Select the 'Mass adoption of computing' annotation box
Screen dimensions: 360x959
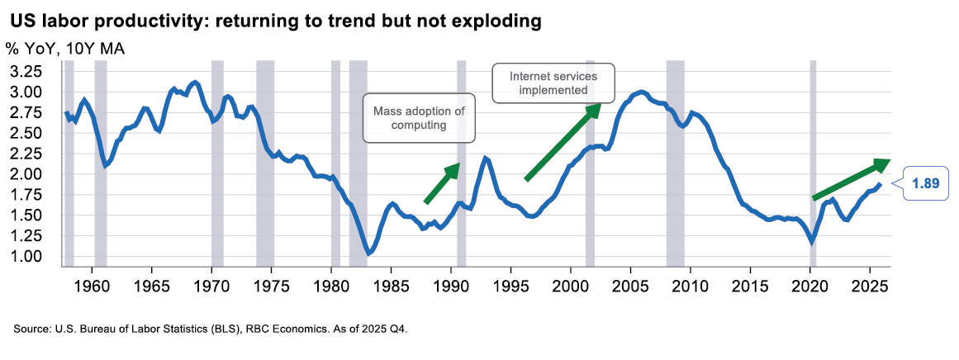(420, 118)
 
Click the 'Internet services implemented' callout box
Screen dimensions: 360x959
(553, 83)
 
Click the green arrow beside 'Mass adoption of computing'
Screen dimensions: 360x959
(442, 182)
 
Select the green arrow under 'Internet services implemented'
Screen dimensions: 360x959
(563, 141)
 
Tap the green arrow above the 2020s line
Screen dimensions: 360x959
(851, 178)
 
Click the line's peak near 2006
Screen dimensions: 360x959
(641, 91)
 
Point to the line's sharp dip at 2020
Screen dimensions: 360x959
(813, 241)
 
